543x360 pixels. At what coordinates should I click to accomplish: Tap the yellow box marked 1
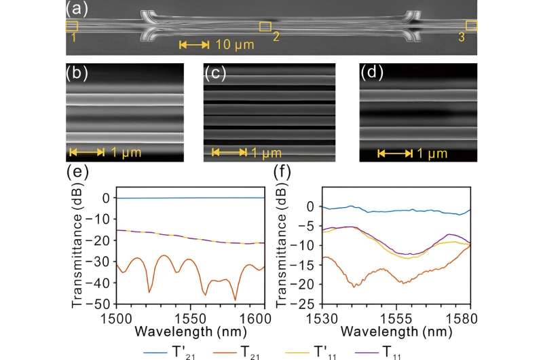point(71,26)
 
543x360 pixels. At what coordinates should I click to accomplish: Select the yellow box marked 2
point(265,26)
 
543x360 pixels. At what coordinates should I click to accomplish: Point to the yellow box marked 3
point(471,26)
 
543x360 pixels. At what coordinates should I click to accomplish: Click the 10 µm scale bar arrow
point(194,45)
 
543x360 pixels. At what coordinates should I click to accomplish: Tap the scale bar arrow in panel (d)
point(395,153)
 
